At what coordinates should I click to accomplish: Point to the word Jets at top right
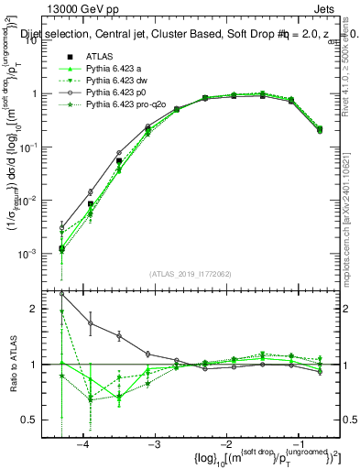point(333,7)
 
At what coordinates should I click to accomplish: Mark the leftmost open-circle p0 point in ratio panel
point(61,294)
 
